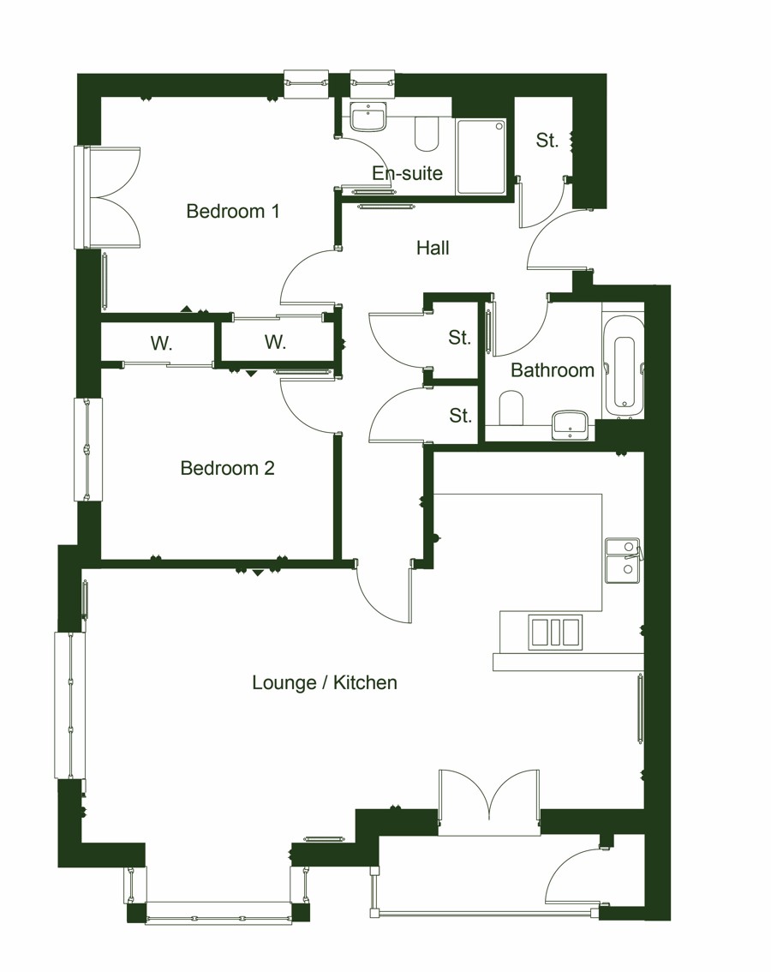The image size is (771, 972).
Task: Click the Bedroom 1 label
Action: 233,211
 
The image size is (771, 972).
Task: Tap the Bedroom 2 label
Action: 227,468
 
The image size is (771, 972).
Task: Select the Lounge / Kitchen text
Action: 325,682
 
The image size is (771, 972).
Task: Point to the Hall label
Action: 433,248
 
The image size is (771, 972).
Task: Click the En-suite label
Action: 407,173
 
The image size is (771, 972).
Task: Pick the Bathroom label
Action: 553,370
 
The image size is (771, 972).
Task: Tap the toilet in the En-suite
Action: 427,133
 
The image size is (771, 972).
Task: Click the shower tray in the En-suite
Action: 481,157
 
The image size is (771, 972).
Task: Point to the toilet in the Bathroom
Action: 511,408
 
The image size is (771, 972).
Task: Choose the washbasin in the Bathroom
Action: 570,423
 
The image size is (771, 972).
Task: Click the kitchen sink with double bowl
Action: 623,560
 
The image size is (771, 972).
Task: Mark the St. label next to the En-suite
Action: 547,141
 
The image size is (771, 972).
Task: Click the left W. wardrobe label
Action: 161,344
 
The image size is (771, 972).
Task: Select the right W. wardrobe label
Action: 275,342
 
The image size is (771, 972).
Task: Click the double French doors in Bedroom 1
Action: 111,197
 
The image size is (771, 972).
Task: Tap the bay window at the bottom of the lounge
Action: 218,913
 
